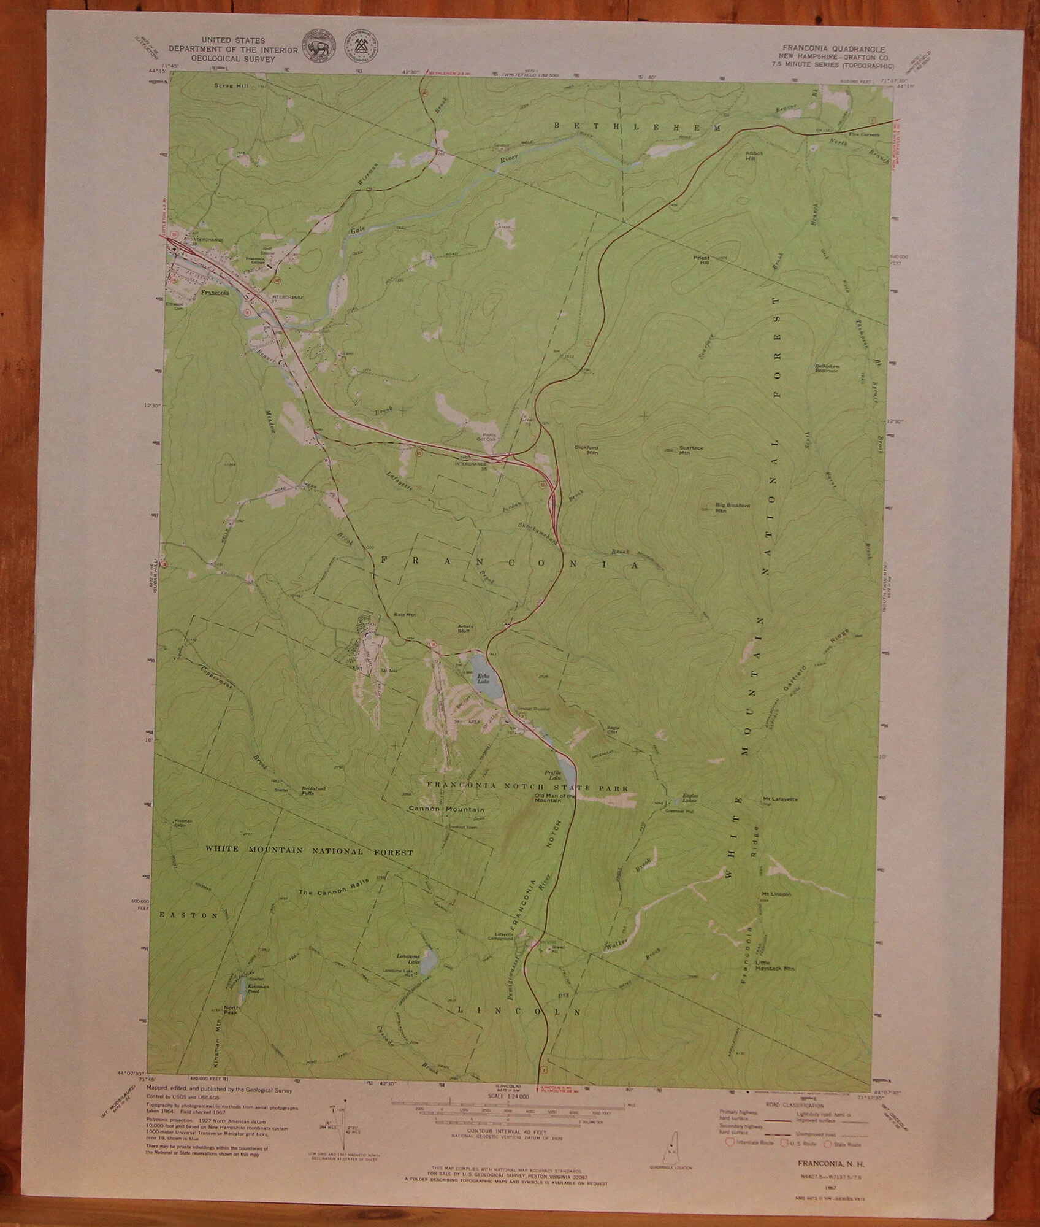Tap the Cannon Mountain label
[x=446, y=809]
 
